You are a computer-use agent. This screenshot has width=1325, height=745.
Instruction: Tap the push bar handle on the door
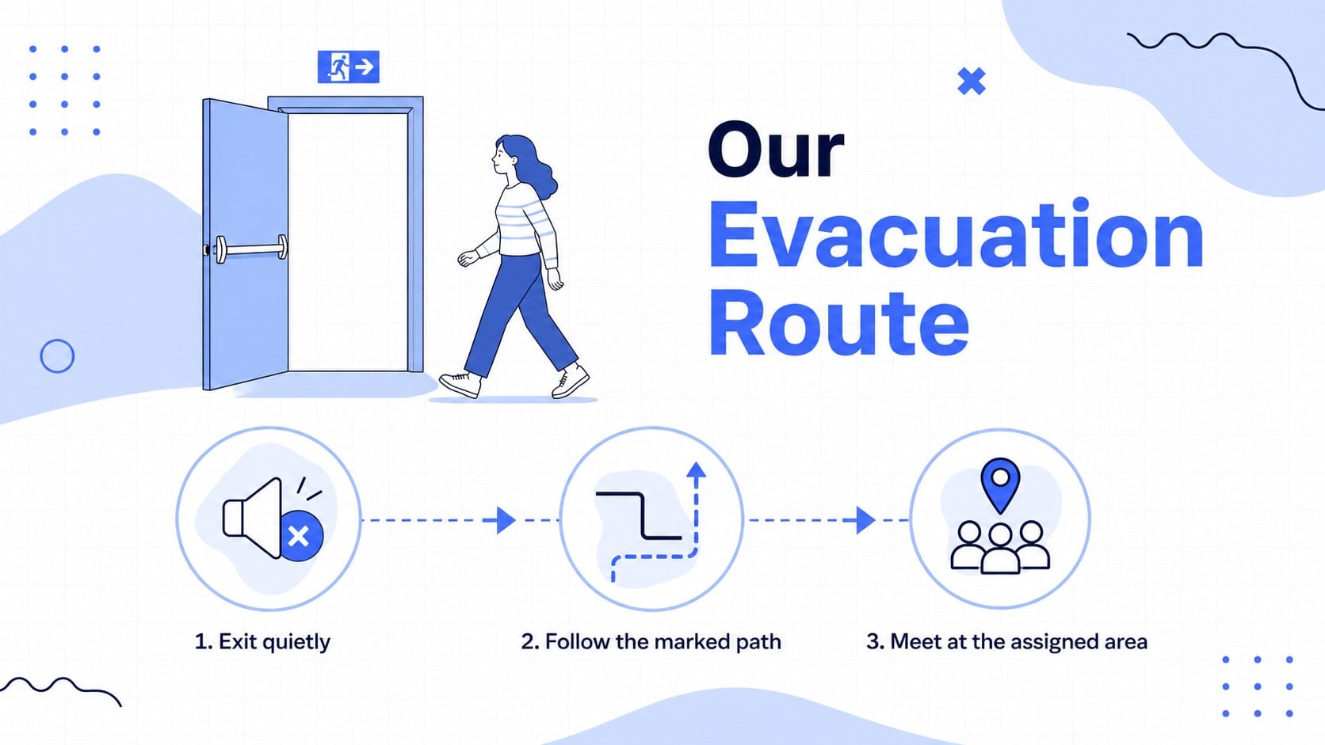coord(251,249)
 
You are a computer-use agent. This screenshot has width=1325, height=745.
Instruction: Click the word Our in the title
coord(776,150)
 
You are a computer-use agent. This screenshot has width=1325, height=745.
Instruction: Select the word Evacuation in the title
coord(956,235)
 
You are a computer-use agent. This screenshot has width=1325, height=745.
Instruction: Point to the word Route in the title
coord(838,324)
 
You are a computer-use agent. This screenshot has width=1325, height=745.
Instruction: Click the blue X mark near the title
coord(972,82)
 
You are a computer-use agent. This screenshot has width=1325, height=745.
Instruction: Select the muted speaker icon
coord(273,518)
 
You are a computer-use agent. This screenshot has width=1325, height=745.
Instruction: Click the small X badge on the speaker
coord(300,536)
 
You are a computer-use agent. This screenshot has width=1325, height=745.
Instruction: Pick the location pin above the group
coord(1000,485)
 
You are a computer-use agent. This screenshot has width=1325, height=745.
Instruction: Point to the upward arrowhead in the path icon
coord(697,470)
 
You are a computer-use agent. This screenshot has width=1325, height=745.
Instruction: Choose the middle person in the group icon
coord(1000,549)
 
